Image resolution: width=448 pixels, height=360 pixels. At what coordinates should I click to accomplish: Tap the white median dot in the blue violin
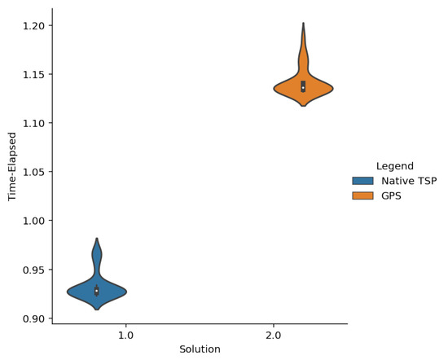coord(97,291)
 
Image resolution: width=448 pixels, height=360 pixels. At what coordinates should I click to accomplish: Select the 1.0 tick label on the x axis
coord(126,336)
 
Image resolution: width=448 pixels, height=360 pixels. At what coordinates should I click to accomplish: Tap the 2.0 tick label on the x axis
coord(274,336)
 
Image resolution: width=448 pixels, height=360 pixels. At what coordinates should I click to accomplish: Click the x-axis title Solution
coord(200,349)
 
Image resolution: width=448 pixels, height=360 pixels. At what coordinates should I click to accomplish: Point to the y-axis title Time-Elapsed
coord(12,166)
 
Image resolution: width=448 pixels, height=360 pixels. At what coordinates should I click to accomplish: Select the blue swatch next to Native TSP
coord(362,181)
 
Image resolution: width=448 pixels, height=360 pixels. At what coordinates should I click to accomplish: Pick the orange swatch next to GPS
coord(362,195)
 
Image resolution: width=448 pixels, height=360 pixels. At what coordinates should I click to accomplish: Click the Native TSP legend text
coord(409,181)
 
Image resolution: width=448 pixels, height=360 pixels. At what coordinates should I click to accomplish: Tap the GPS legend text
coord(392,195)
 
